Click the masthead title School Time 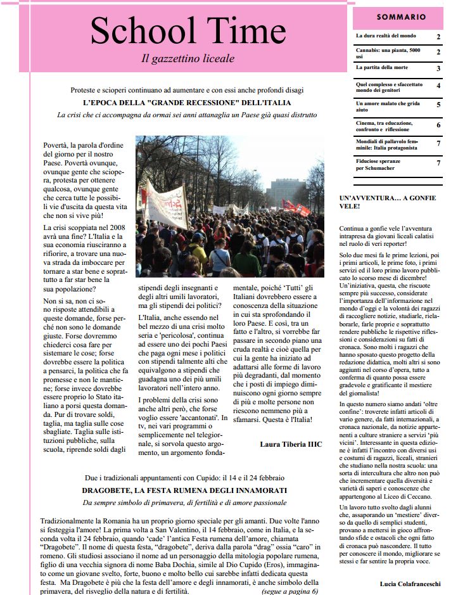[188, 30]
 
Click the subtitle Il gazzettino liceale [188, 59]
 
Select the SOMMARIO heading [401, 17]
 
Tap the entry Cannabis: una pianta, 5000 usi [388, 53]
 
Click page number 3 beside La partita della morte [438, 68]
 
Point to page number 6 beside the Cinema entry [438, 125]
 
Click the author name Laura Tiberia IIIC [291, 444]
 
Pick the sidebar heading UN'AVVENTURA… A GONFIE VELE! [388, 202]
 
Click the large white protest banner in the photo [166, 204]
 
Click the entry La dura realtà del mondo [385, 36]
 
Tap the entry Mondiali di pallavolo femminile [386, 144]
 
